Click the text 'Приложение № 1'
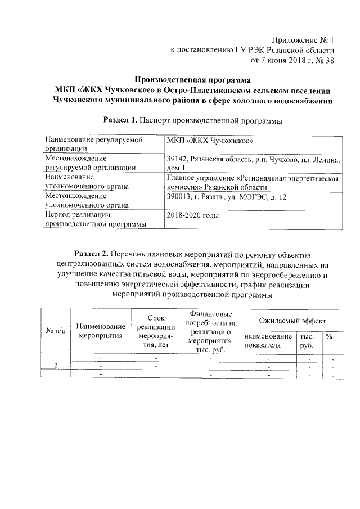pos(303,40)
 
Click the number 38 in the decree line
pos(328,60)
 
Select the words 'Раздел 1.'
pos(120,120)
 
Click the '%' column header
pos(329,336)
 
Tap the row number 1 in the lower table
pos(56,358)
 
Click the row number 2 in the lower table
pos(56,366)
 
